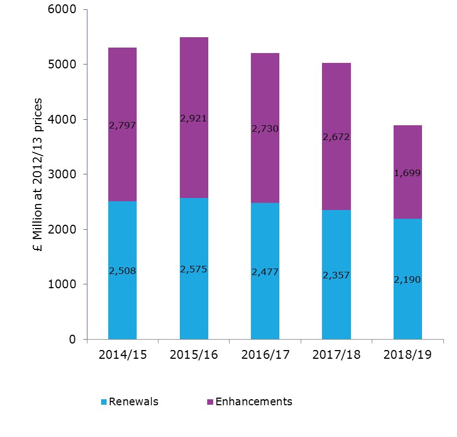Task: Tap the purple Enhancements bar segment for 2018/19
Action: (407, 148)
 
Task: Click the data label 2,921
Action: (194, 118)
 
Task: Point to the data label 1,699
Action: (407, 173)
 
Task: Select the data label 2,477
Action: (265, 271)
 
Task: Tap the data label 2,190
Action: (407, 279)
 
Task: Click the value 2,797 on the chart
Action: (122, 125)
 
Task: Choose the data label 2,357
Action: (336, 276)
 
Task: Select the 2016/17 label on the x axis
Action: (265, 354)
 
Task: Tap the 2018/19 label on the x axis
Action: (407, 354)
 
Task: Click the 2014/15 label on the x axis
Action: (122, 354)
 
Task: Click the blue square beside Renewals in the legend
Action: (104, 402)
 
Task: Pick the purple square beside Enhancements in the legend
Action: (210, 402)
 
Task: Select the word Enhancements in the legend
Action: (254, 401)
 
